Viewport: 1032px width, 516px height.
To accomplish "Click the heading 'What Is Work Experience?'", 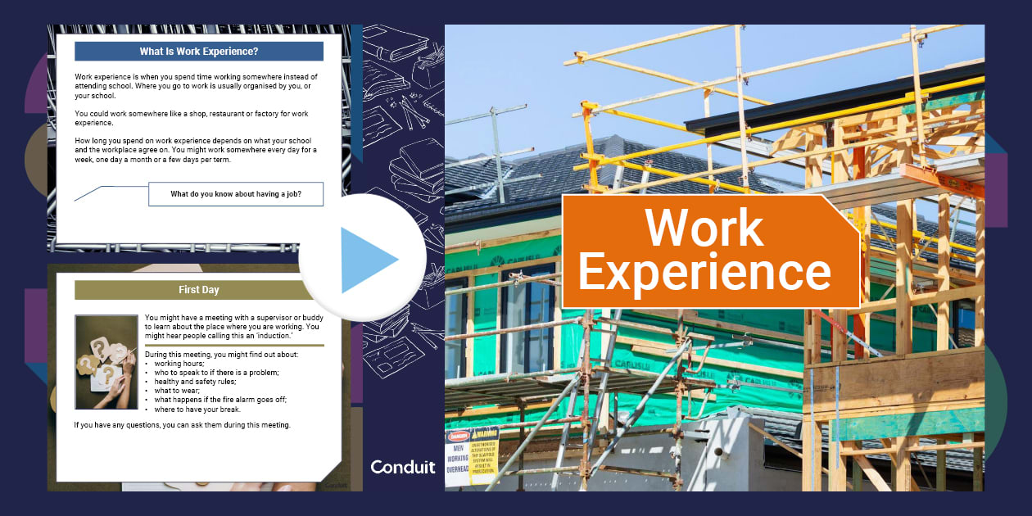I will tap(199, 52).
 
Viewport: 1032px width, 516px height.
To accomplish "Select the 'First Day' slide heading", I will tap(199, 290).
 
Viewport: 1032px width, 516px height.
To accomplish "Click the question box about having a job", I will tap(236, 194).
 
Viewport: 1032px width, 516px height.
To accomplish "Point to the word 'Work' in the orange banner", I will tap(704, 228).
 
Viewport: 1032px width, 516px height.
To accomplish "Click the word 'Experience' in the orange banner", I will tap(704, 272).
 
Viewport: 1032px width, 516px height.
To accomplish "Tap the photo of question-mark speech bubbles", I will tap(106, 361).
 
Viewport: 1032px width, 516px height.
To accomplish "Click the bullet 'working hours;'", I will tap(180, 364).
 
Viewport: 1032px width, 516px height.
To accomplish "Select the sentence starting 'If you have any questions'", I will tap(182, 425).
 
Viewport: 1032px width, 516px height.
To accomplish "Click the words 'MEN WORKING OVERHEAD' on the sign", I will tap(457, 459).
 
